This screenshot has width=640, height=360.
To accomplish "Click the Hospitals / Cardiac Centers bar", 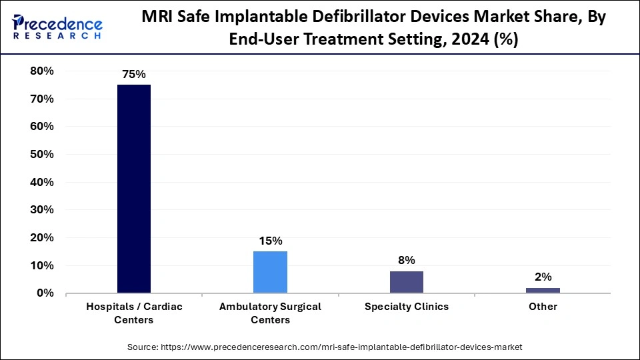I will pos(133,189).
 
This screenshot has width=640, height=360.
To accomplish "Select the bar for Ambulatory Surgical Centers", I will pos(270,272).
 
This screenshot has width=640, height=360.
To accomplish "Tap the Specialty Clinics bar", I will pos(407,282).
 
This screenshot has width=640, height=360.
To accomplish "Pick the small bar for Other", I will pos(543,290).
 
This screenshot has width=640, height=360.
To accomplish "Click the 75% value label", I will pos(133,75).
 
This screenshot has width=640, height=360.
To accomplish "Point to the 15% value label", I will pos(270,241).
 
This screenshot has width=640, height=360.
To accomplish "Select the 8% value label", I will pos(407,260).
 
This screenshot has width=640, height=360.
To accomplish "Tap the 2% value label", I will pos(543,277).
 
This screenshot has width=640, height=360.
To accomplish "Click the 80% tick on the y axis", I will pos(41,71).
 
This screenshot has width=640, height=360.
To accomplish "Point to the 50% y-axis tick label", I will pos(41,154).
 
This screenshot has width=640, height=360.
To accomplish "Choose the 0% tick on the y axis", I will pos(45,293).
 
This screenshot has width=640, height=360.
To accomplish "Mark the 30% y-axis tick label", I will pos(41,210).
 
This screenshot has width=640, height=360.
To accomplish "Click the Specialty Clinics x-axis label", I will pos(407,307).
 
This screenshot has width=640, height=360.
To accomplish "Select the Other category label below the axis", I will pos(543,307).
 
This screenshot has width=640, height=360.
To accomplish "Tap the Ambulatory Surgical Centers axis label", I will pos(270,313).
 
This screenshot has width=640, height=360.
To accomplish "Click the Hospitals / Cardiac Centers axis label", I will pos(133,313).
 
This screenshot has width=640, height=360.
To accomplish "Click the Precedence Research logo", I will pos(57,27).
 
